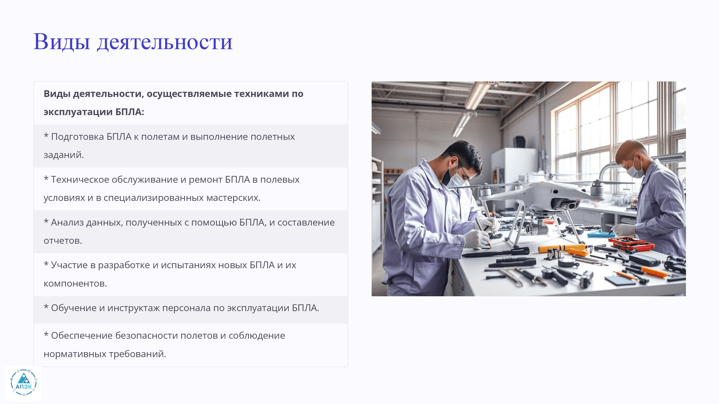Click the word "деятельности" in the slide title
(165, 42)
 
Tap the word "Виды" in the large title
(62, 42)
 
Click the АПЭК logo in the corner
(24, 383)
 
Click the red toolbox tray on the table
(631, 244)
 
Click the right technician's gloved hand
(622, 230)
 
